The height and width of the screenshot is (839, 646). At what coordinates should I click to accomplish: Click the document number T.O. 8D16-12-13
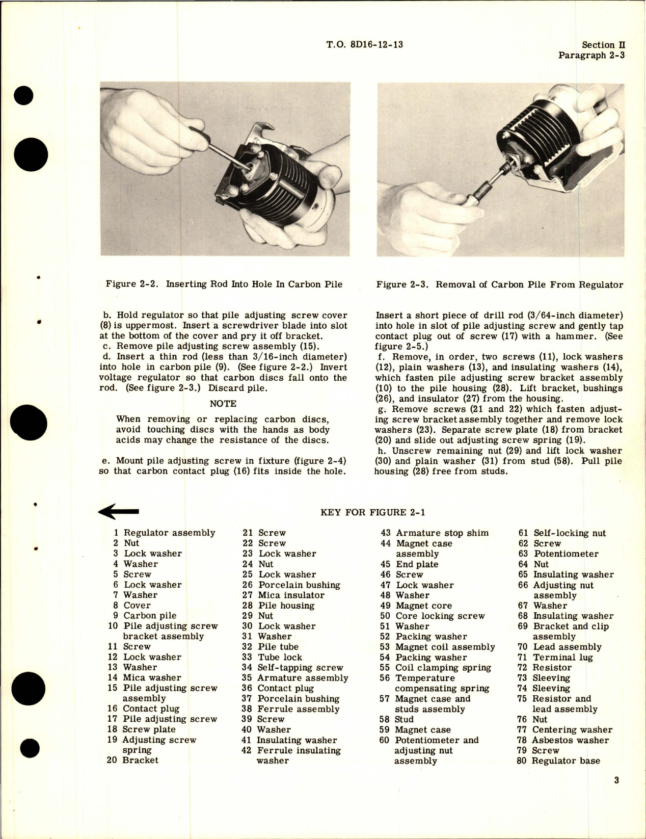[x=364, y=44]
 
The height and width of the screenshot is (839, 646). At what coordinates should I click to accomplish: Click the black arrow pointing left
[x=119, y=511]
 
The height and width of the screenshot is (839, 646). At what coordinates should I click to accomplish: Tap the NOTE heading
[x=223, y=403]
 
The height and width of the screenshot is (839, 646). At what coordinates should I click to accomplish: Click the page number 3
[x=616, y=780]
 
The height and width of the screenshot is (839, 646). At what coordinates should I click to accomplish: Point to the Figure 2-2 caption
[x=224, y=284]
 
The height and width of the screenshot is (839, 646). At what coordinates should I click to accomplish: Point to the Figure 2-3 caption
[x=499, y=284]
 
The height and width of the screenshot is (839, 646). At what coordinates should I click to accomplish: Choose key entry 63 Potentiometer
[x=558, y=554]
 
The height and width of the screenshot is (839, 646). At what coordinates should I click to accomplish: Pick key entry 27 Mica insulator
[x=283, y=595]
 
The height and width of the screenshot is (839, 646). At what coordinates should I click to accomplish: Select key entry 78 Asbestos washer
[x=562, y=740]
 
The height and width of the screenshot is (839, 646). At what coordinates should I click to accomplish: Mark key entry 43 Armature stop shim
[x=435, y=533]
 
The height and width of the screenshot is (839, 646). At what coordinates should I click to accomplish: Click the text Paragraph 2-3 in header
[x=591, y=55]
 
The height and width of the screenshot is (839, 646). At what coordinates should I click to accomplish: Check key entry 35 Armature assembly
[x=295, y=677]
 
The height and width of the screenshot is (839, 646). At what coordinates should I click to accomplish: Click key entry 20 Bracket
[x=132, y=760]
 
